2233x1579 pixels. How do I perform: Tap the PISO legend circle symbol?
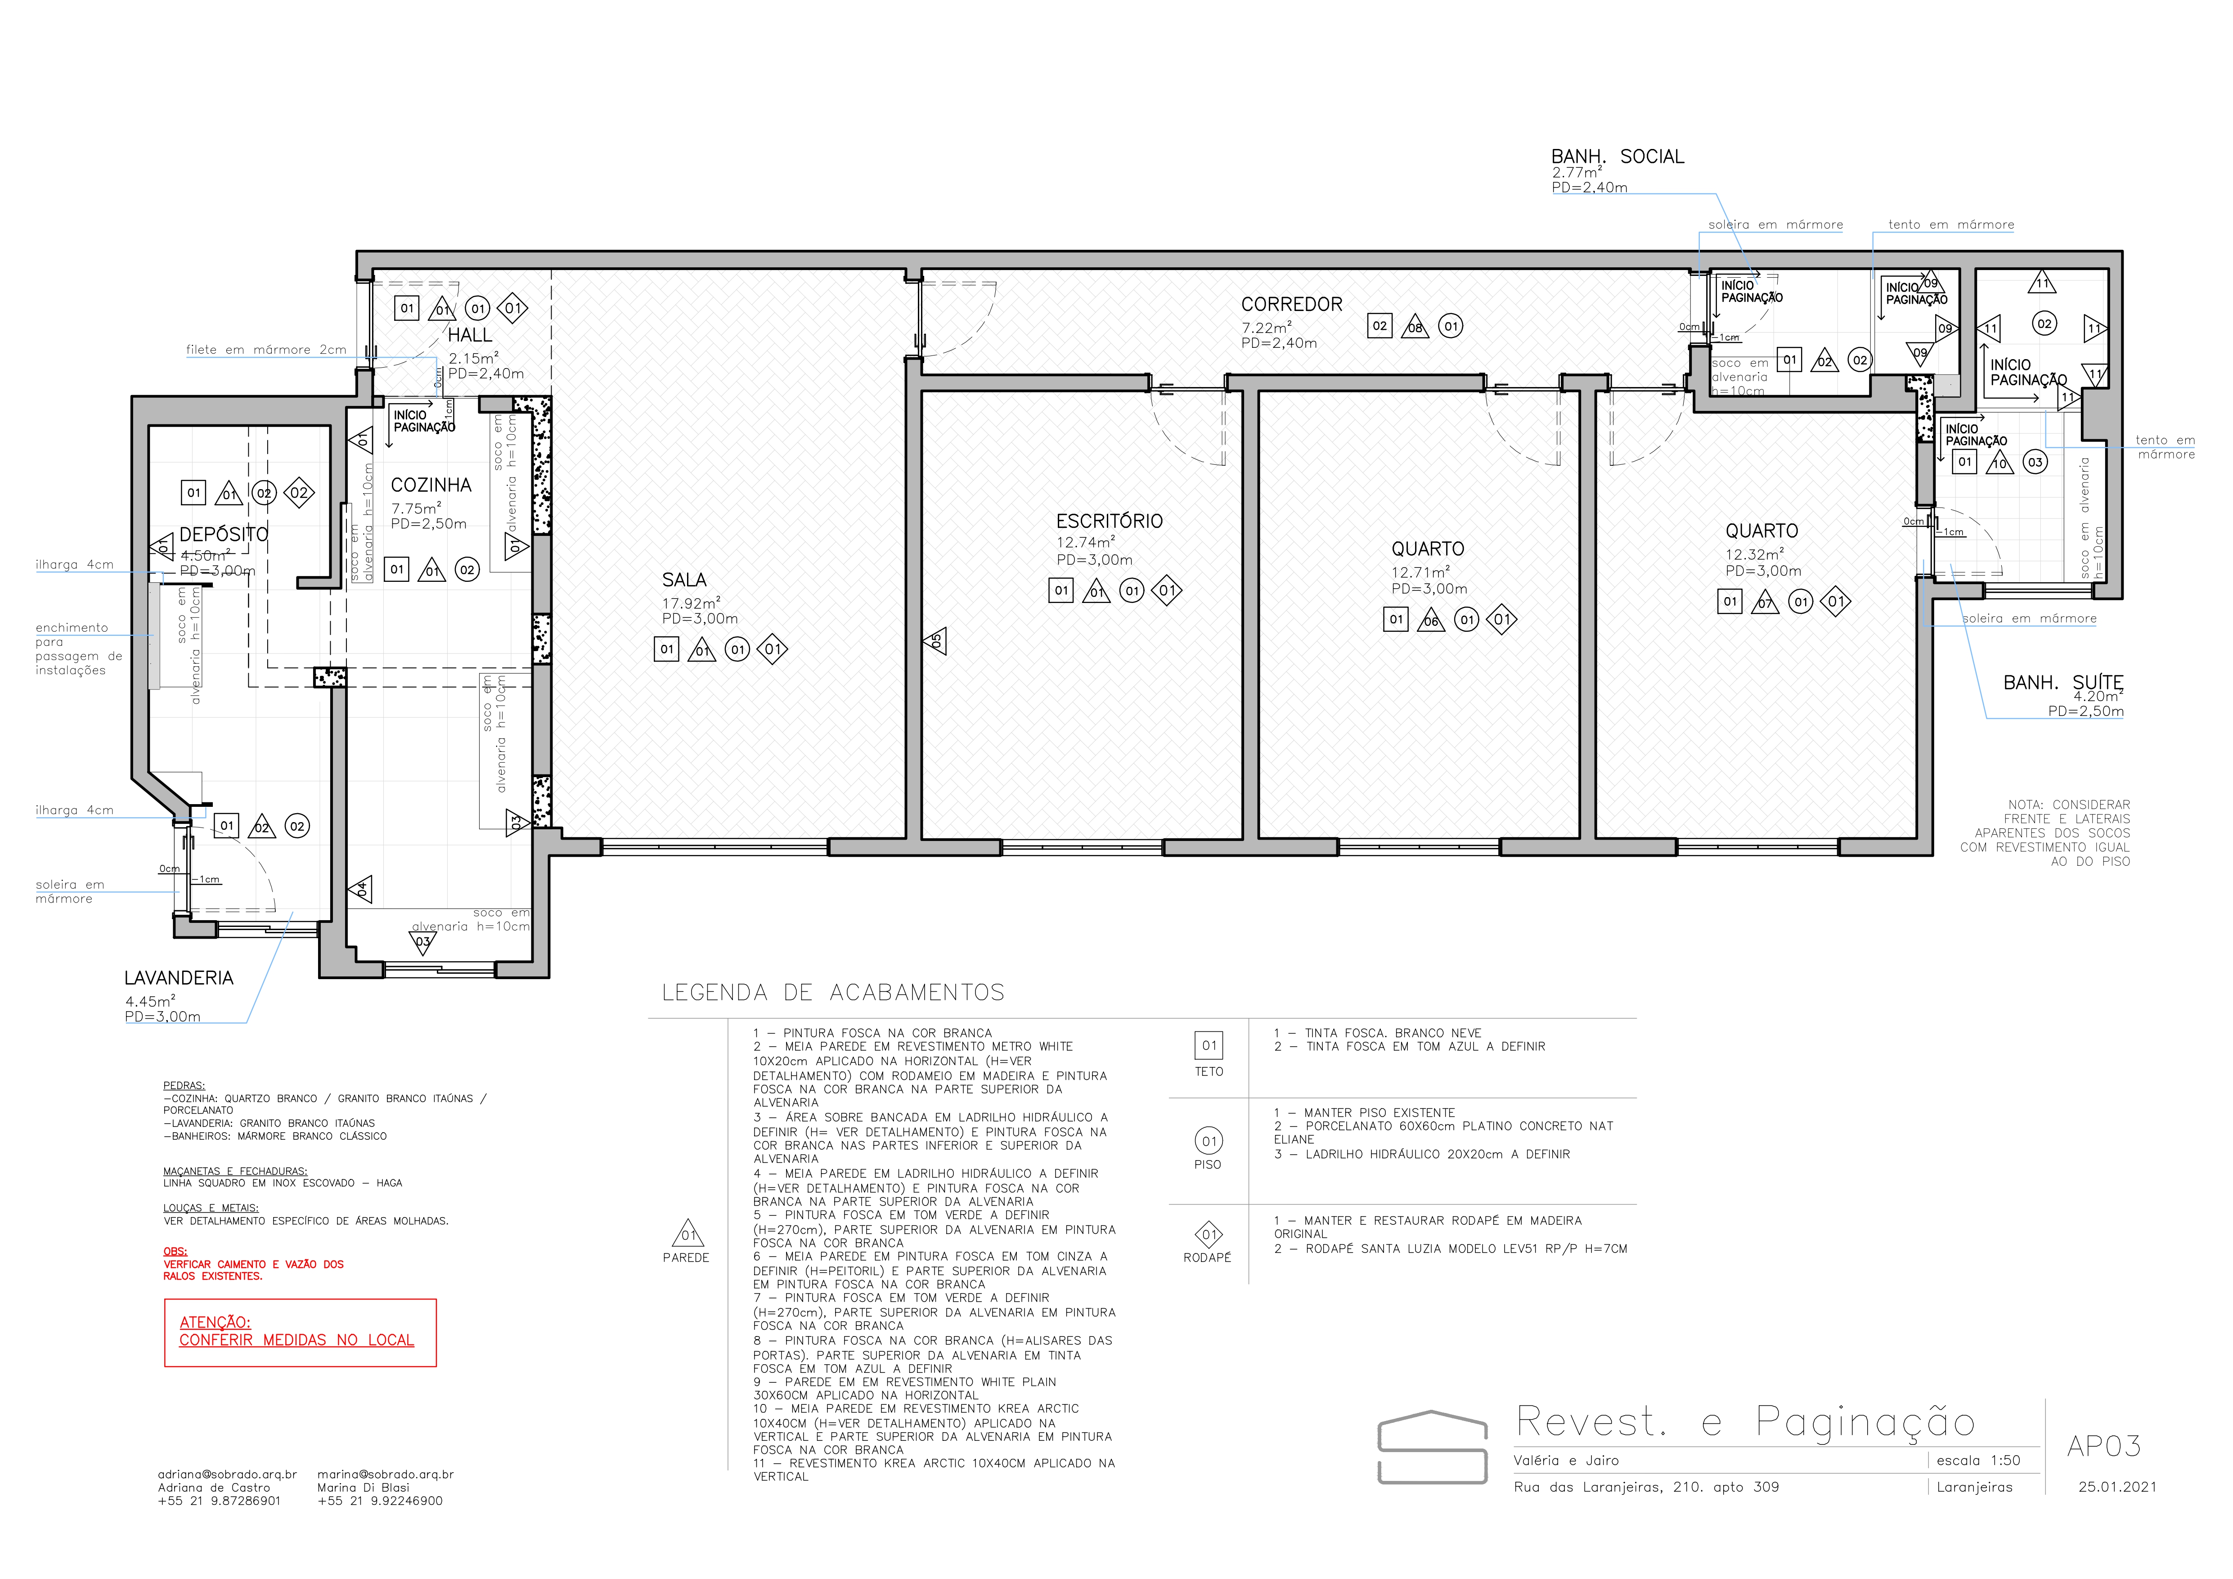pos(1208,1140)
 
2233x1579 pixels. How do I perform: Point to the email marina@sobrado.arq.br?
pos(385,1474)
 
